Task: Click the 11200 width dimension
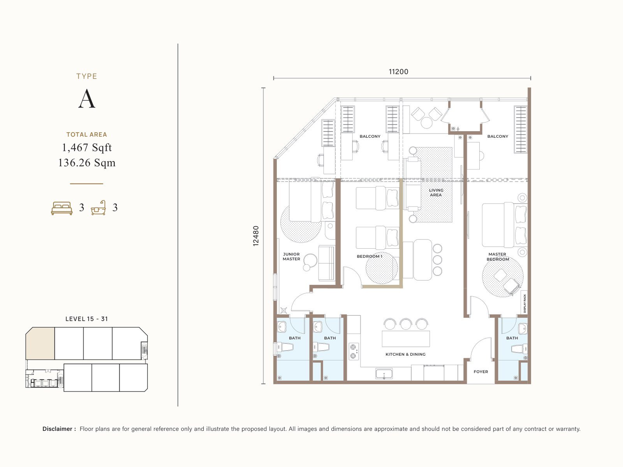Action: pyautogui.click(x=398, y=72)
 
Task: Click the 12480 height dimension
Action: pyautogui.click(x=256, y=236)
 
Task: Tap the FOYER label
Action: pyautogui.click(x=481, y=372)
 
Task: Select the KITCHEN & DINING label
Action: pyautogui.click(x=405, y=355)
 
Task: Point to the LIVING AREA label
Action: pyautogui.click(x=436, y=193)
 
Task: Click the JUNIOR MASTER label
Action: pyautogui.click(x=291, y=256)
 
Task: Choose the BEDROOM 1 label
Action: pyautogui.click(x=370, y=256)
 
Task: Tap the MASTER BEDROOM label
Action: pyautogui.click(x=498, y=257)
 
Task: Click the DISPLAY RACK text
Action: pyautogui.click(x=524, y=304)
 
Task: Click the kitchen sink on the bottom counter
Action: pyautogui.click(x=384, y=374)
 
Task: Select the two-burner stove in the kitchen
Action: pyautogui.click(x=354, y=351)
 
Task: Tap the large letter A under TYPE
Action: pyautogui.click(x=86, y=99)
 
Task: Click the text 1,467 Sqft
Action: pyautogui.click(x=87, y=147)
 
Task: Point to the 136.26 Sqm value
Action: pyautogui.click(x=87, y=163)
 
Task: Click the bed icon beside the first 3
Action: pyautogui.click(x=62, y=208)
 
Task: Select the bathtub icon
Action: pyautogui.click(x=99, y=208)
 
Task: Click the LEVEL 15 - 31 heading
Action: pyautogui.click(x=86, y=319)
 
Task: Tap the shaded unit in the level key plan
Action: pyautogui.click(x=40, y=344)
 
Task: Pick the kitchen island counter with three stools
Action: pyautogui.click(x=406, y=339)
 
